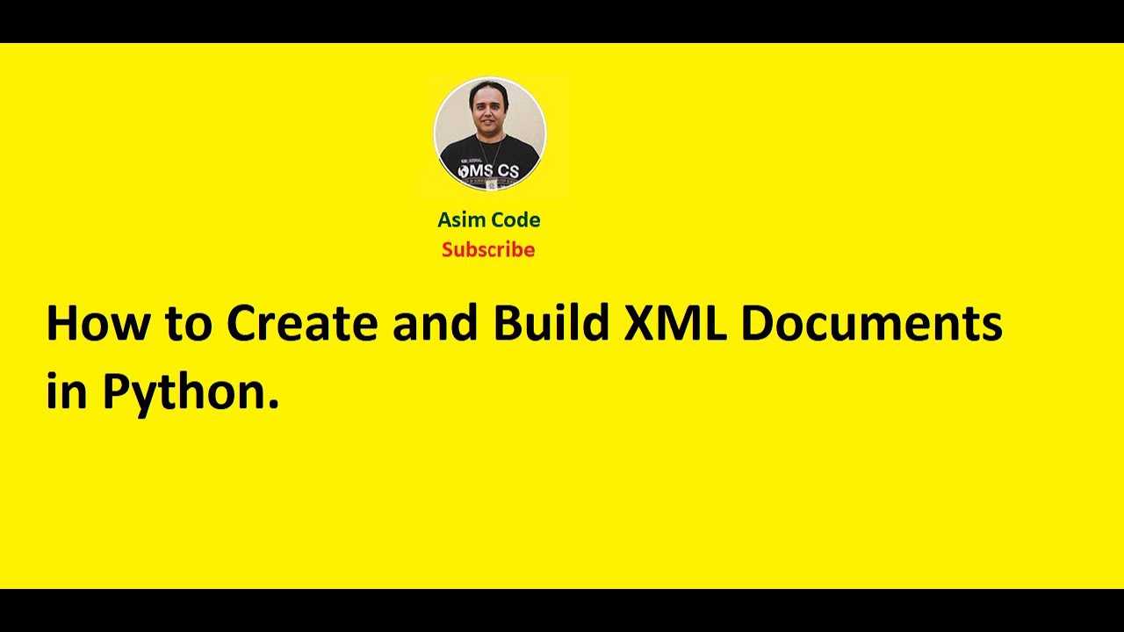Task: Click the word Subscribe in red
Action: (x=488, y=250)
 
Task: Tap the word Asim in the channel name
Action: (x=460, y=219)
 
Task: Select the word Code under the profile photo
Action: (x=514, y=219)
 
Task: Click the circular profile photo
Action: (x=490, y=133)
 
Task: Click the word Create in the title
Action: (x=303, y=323)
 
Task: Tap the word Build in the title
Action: (x=551, y=323)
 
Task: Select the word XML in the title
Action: (x=674, y=323)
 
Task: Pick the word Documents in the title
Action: (x=871, y=323)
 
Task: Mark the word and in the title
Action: (x=436, y=323)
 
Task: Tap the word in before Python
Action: (x=67, y=391)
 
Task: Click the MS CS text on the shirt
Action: (x=492, y=169)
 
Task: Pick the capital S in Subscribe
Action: (x=448, y=250)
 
